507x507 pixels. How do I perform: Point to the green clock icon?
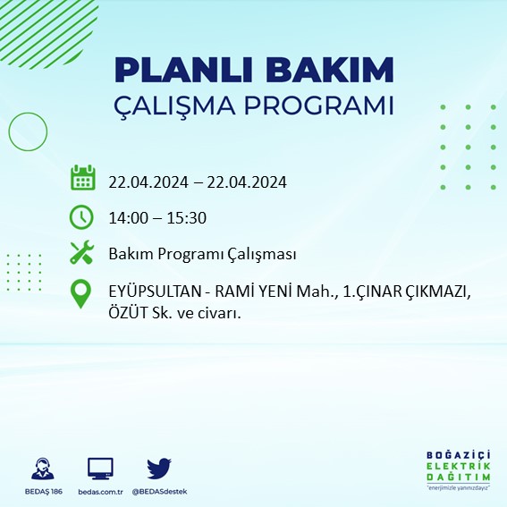click(x=81, y=216)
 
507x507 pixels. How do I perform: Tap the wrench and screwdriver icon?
click(x=82, y=254)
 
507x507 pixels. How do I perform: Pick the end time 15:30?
click(x=188, y=217)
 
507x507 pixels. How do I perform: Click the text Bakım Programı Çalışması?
click(x=202, y=255)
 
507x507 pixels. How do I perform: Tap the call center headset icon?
click(x=41, y=469)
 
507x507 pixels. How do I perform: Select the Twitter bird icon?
click(x=158, y=468)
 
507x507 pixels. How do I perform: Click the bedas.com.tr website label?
click(x=99, y=492)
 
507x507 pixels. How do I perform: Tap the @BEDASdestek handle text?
click(x=159, y=492)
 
